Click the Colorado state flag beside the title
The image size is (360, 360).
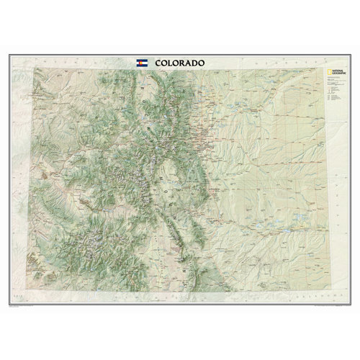[142, 63]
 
